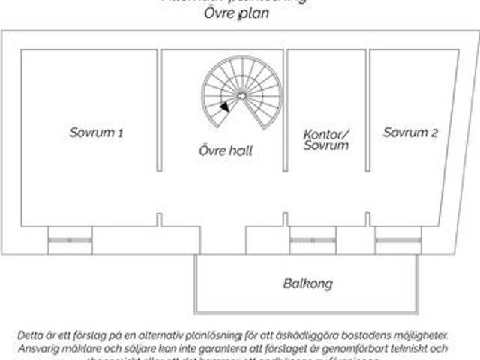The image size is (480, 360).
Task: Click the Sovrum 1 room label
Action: pos(96,133)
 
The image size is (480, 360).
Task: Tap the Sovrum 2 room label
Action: pos(410,133)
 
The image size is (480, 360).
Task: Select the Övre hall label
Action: pos(226,151)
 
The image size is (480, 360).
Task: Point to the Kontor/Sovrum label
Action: pos(326,140)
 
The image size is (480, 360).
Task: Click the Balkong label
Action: pos(307,284)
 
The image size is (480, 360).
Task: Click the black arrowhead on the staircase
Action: pos(225,107)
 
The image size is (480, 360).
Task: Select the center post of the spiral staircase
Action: pos(241,95)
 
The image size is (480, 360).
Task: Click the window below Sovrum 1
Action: pos(70,240)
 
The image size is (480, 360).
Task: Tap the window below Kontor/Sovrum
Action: pos(312,240)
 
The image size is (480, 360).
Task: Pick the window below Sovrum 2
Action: pos(398,240)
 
